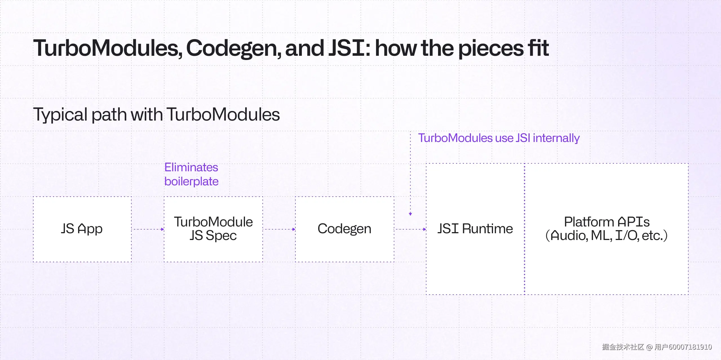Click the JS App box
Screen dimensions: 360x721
point(82,229)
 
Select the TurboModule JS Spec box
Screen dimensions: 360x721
point(213,229)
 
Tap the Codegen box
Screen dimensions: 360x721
point(344,229)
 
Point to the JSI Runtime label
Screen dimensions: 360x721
point(475,228)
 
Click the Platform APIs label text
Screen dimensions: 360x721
point(607,222)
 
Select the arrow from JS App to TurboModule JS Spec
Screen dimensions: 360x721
point(148,229)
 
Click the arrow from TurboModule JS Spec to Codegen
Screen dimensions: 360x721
point(279,229)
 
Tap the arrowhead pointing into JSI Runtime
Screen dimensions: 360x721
point(424,229)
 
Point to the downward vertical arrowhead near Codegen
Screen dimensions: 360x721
point(410,214)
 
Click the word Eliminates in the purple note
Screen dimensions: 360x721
point(191,167)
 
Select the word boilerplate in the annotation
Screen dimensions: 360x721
point(191,181)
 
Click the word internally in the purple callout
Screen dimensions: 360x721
point(556,138)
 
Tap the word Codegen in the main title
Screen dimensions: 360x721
point(233,48)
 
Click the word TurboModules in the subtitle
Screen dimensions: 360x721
point(223,115)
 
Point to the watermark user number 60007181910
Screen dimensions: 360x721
point(690,347)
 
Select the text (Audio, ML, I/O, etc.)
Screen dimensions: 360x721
point(607,236)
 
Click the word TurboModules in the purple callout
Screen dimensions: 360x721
point(455,138)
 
